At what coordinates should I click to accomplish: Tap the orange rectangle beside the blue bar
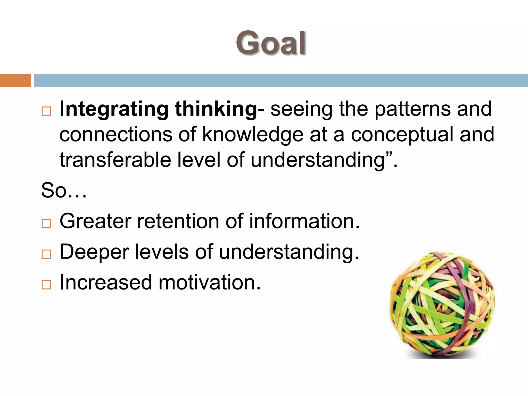15,80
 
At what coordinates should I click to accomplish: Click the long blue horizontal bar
280,80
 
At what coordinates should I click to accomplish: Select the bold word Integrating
114,109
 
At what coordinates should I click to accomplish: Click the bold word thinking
216,109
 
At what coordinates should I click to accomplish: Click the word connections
116,134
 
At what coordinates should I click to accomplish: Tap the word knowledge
253,134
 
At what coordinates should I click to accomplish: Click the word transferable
115,160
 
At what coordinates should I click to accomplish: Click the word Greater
95,221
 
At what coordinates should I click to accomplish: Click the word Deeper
94,252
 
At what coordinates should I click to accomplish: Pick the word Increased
106,282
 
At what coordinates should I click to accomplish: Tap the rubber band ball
442,304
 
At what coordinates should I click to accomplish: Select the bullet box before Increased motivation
46,285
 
